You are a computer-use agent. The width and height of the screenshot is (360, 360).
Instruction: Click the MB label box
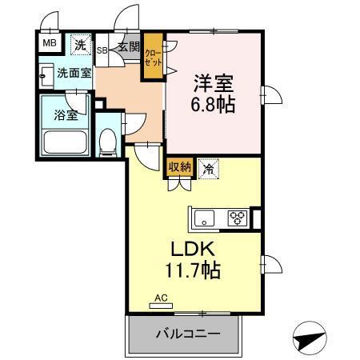50,44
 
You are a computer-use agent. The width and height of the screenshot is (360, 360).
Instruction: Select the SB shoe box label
102,50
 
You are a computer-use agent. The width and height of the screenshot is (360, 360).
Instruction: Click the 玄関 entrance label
128,46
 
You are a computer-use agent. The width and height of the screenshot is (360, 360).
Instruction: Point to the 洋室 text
213,82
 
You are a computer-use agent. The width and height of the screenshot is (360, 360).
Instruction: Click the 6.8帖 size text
214,104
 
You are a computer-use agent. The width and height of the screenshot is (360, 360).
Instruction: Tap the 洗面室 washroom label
73,73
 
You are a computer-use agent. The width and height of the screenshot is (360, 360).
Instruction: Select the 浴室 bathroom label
65,114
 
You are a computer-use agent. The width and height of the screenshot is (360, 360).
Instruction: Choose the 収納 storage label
179,167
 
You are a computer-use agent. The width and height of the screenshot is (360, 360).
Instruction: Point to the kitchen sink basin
202,217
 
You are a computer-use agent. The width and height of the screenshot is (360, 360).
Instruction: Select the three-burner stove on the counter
237,217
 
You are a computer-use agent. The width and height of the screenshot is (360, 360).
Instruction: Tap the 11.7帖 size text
194,270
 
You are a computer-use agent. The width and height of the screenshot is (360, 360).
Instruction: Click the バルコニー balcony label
182,334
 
